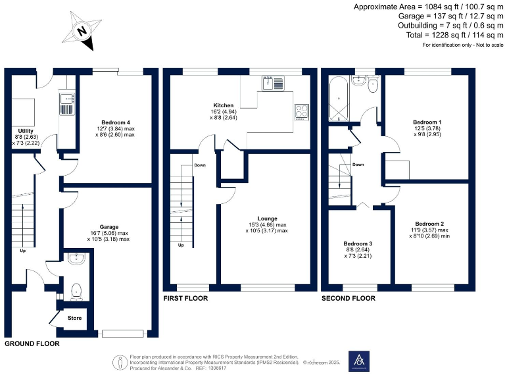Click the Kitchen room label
tap(224, 105)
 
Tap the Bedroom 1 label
tap(427, 122)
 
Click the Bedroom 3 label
tap(360, 243)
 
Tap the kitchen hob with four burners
tap(302, 112)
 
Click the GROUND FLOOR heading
tap(32, 343)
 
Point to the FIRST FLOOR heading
tap(185, 298)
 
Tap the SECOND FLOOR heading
tap(348, 298)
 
